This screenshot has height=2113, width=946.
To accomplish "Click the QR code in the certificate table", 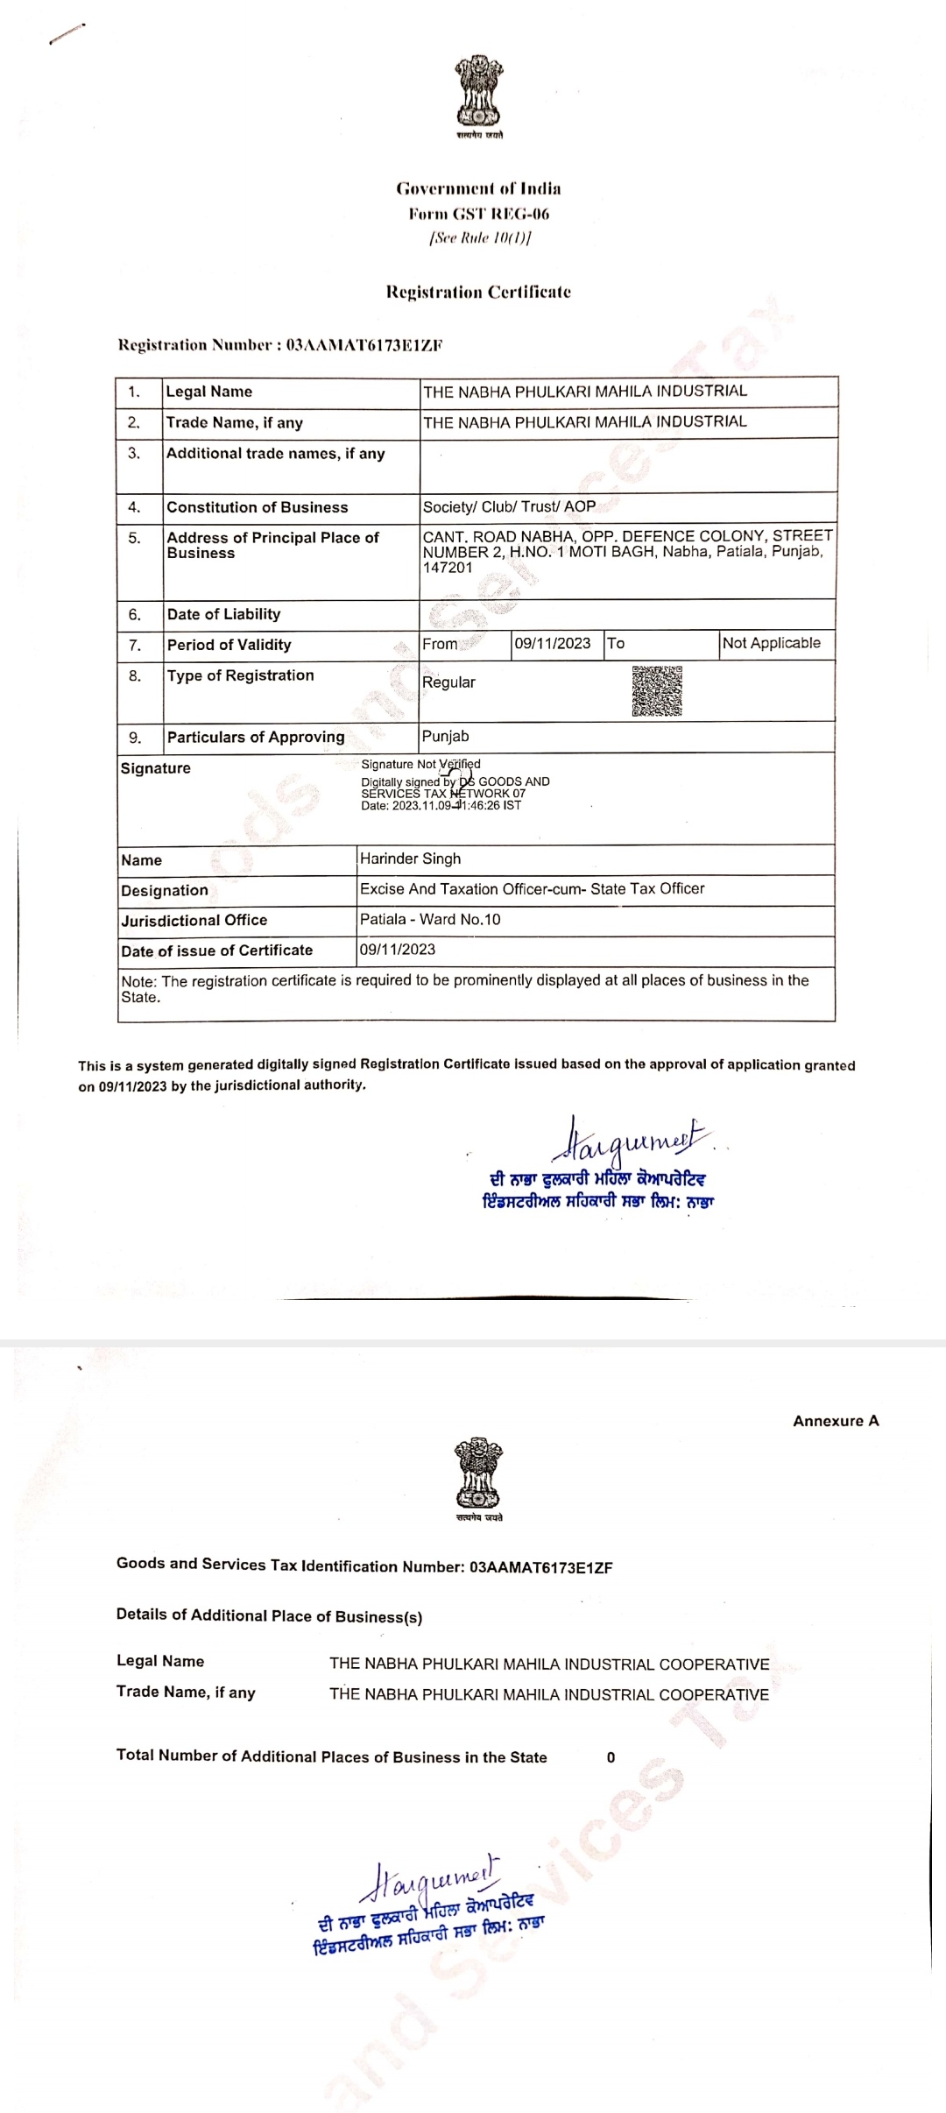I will pos(657,691).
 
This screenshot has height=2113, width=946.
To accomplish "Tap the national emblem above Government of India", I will pos(478,91).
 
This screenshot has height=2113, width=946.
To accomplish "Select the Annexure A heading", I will pos(836,1421).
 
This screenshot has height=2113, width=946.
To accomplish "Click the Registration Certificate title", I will pos(478,293).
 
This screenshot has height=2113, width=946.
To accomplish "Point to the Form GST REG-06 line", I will pos(478,214).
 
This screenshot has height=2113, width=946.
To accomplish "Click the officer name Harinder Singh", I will pos(410,859).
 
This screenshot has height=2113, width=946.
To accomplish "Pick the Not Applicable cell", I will pos(771,643).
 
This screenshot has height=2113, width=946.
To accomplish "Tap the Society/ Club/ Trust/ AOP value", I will pos(509,506).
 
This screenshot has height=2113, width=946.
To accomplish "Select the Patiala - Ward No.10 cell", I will pos(430,919).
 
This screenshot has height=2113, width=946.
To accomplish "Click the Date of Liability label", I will pos(223,614).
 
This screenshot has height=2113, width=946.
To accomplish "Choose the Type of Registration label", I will pos(240,675).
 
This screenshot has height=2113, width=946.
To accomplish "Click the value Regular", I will pos(448,682).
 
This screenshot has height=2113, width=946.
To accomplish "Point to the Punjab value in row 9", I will pos(445,737).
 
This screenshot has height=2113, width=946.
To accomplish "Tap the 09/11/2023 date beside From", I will pos(553,643).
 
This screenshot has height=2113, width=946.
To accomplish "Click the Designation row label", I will pos(165,890).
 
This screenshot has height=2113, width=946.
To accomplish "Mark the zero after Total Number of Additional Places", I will pos(611,1757).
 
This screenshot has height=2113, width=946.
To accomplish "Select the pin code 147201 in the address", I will pos(448,568).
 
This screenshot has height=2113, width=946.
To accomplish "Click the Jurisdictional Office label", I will pos(194,920).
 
